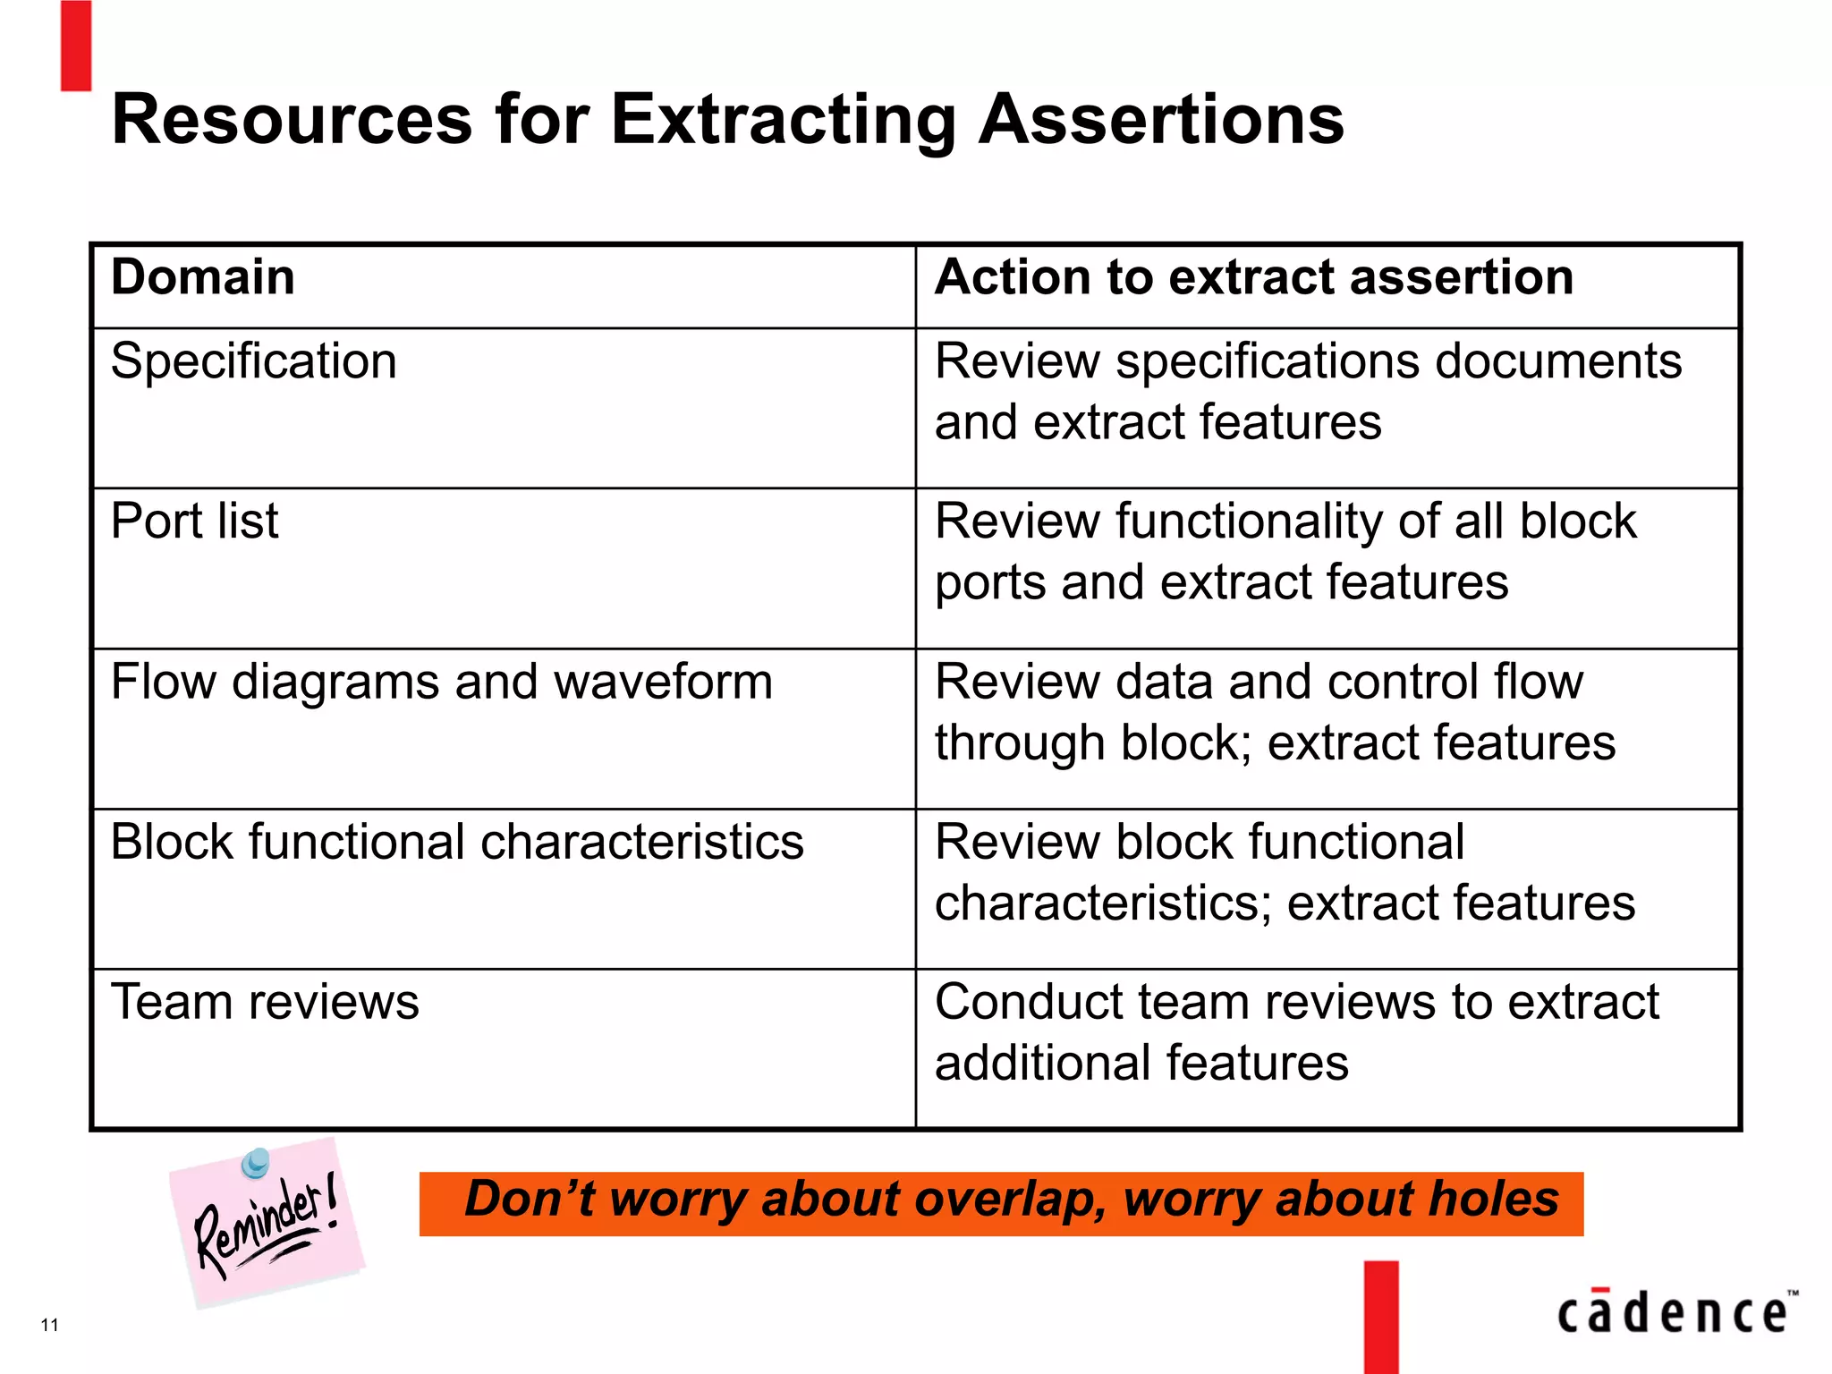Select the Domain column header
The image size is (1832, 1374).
coord(203,276)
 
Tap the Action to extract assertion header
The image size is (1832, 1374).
coord(1253,276)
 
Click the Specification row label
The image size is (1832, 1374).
coord(253,361)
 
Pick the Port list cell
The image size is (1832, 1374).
coord(194,521)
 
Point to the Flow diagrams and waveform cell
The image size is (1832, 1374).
coord(441,682)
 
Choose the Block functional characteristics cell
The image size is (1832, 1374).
coord(456,842)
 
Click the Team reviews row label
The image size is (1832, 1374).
coord(265,1002)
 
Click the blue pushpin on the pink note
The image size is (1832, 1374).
coord(256,1162)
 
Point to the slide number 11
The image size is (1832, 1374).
coord(50,1325)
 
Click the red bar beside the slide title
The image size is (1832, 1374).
coord(76,45)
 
